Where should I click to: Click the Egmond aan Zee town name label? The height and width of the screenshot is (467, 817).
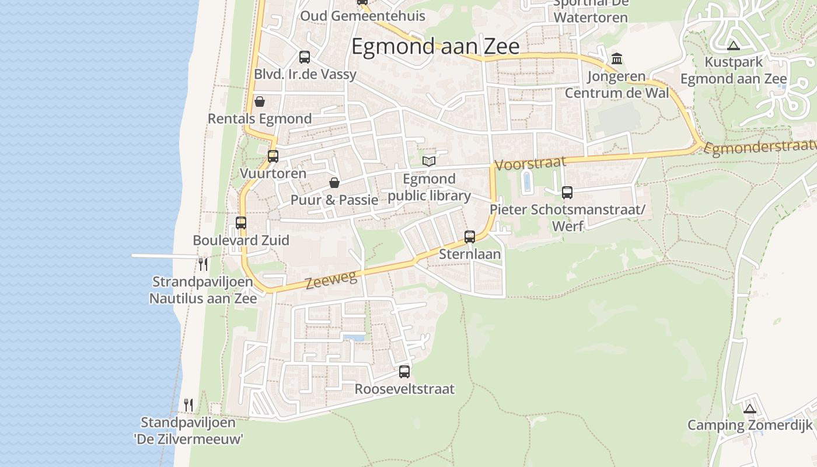point(435,46)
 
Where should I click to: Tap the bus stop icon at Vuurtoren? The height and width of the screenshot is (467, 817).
point(273,156)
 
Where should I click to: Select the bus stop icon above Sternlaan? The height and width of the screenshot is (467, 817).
point(470,237)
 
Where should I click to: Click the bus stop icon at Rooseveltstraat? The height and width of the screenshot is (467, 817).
point(404,372)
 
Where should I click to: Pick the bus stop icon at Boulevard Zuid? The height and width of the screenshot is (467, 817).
point(241,223)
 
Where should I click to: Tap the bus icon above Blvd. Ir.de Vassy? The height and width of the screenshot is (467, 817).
point(305,57)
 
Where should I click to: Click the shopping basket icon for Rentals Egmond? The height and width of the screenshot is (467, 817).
point(260,102)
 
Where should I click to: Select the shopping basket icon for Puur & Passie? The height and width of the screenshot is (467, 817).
point(334,183)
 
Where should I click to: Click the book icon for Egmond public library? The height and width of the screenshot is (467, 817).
point(429,161)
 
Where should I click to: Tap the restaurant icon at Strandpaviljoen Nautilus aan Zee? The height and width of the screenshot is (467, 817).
point(202,264)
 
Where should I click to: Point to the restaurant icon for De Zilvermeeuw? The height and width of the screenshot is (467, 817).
point(188,405)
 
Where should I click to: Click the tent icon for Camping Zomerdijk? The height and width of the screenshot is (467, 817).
point(750,408)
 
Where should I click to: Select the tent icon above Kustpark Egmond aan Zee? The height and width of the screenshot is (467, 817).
point(734,45)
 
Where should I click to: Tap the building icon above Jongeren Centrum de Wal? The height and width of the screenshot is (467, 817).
point(617,58)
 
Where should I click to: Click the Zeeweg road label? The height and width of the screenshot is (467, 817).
point(331,280)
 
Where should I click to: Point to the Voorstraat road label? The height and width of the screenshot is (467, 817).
point(530,163)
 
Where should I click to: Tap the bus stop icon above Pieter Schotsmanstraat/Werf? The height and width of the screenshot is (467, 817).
point(567,192)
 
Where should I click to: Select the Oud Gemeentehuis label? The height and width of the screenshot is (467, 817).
point(362,16)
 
